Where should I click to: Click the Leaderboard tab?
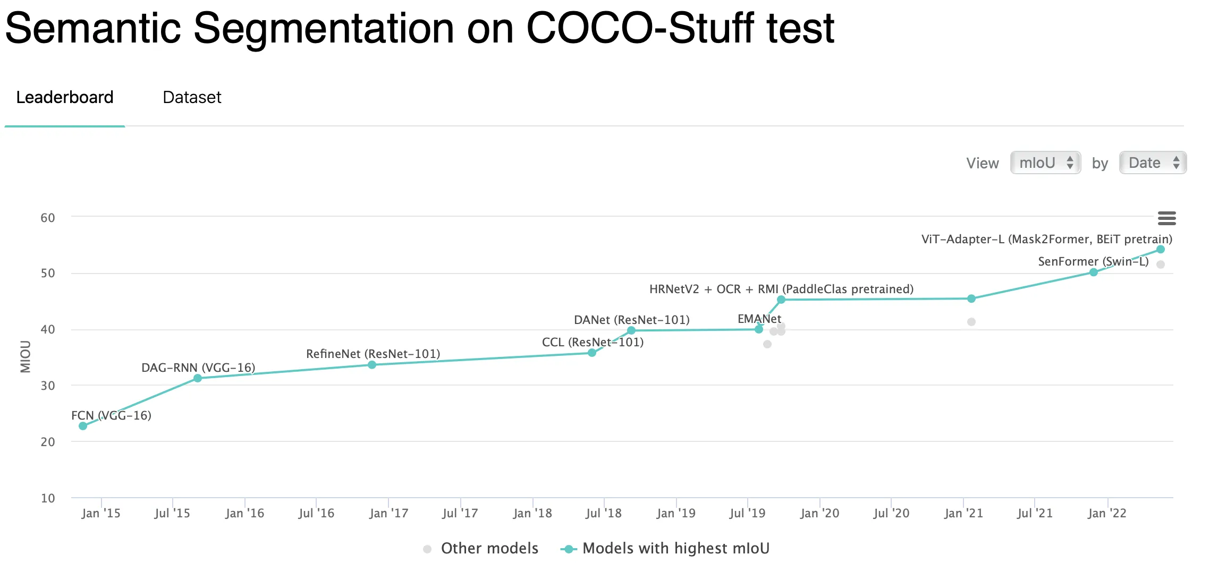[x=65, y=98]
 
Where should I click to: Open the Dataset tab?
[x=192, y=98]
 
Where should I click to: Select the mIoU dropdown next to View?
[x=1045, y=163]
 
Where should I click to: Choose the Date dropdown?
[x=1153, y=163]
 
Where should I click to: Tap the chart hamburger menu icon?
[x=1166, y=218]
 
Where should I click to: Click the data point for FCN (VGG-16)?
[x=83, y=426]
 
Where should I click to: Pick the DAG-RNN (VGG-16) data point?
[x=198, y=378]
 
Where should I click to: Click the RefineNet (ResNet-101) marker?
[x=372, y=365]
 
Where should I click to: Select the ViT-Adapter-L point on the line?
[x=1161, y=250]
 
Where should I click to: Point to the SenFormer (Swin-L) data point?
[x=1094, y=272]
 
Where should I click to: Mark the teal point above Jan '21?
[x=971, y=299]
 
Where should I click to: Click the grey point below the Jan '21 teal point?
[x=971, y=322]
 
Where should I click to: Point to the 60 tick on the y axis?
[x=48, y=218]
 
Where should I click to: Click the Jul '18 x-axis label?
[x=603, y=514]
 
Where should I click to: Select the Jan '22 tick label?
[x=1107, y=514]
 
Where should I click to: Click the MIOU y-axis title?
[x=26, y=357]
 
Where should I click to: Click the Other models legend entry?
[x=489, y=549]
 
